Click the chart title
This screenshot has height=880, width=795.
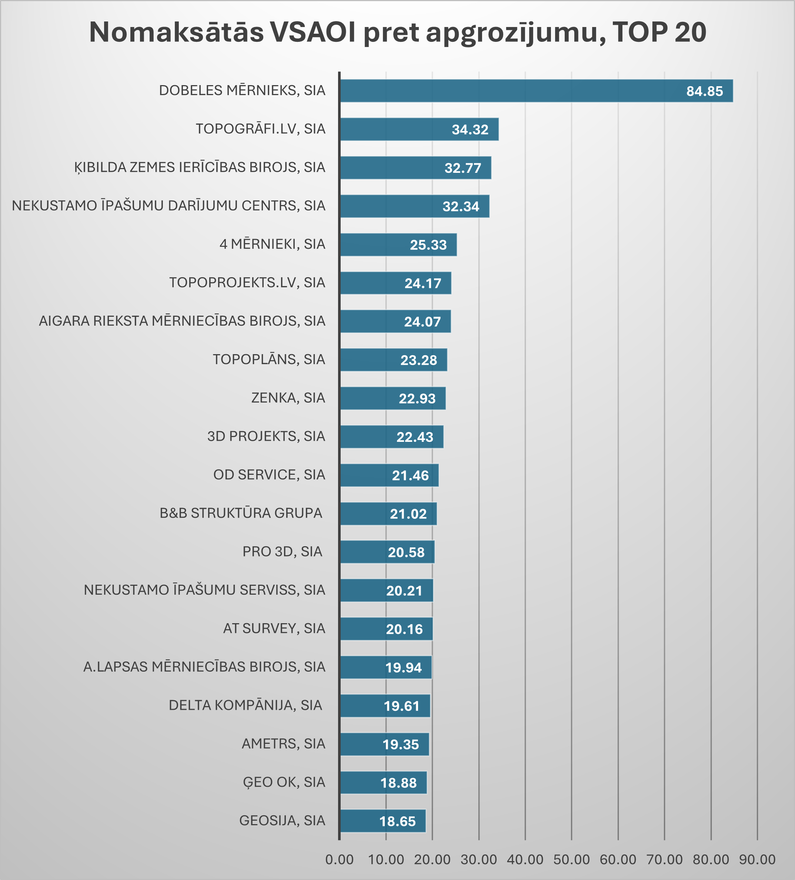398,32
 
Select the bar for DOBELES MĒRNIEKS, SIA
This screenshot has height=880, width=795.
537,91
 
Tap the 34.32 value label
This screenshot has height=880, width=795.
470,130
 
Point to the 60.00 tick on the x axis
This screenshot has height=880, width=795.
618,860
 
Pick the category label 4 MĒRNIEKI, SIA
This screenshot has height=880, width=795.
272,244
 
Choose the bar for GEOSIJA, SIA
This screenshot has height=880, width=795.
382,821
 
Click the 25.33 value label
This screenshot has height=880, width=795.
428,245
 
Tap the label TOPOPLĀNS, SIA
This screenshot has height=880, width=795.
268,359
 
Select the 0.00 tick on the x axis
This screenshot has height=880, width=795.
340,860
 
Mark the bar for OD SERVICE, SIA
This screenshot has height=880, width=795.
389,475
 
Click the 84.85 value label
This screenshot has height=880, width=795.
705,91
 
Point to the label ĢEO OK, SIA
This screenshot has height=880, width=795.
284,782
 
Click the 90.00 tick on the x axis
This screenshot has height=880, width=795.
757,860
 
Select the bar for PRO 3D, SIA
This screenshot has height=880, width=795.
387,552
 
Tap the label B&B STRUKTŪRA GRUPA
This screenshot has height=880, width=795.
241,513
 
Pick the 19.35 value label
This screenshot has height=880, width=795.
401,744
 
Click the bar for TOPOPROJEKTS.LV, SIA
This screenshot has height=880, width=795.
395,283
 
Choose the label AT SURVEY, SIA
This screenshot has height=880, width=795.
274,628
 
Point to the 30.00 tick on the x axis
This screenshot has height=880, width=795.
479,860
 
